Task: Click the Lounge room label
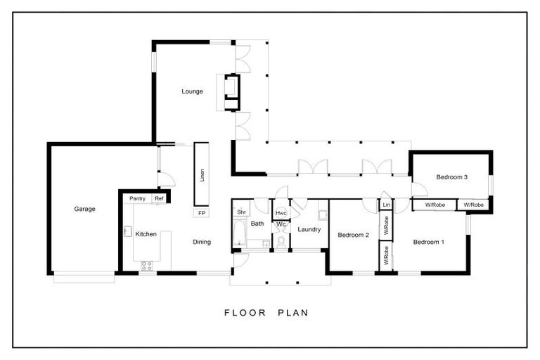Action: coord(192,91)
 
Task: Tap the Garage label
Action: coord(84,209)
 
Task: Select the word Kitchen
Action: coord(146,234)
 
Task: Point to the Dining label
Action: coord(202,242)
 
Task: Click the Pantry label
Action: coord(137,199)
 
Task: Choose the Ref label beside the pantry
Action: coord(159,199)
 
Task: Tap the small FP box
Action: coord(201,213)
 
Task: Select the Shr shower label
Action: coord(240,212)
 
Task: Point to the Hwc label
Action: coord(281,213)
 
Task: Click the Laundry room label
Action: coord(309,229)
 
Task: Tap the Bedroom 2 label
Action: coord(353,235)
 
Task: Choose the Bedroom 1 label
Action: coord(428,242)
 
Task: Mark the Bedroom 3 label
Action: coord(451,177)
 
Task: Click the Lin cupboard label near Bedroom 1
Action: coord(386,205)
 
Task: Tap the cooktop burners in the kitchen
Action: coord(148,265)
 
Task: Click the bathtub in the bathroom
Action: coord(238,233)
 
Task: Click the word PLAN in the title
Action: coord(289,312)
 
